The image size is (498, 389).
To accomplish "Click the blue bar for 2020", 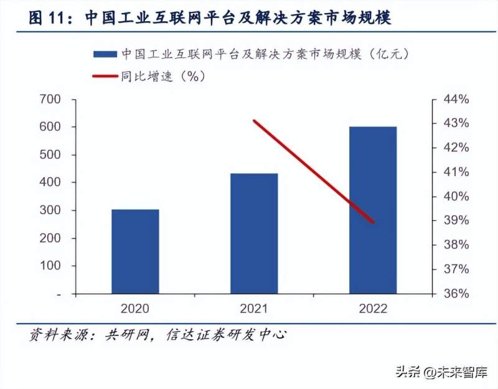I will coord(135,251).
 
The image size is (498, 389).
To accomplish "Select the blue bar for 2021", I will coord(253,233).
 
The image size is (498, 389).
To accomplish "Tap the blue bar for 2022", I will coord(372,210).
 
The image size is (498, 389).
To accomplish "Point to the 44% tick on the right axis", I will coord(454,99).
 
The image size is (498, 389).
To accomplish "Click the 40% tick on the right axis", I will coord(454,197).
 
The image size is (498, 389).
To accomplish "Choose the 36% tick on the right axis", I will coord(454,294).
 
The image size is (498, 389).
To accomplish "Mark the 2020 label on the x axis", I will coord(135,308).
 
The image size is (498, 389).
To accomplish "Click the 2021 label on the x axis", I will coord(253,308).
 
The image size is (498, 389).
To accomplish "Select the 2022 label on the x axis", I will coord(372,308).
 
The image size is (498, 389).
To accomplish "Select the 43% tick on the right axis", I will coord(454,123).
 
